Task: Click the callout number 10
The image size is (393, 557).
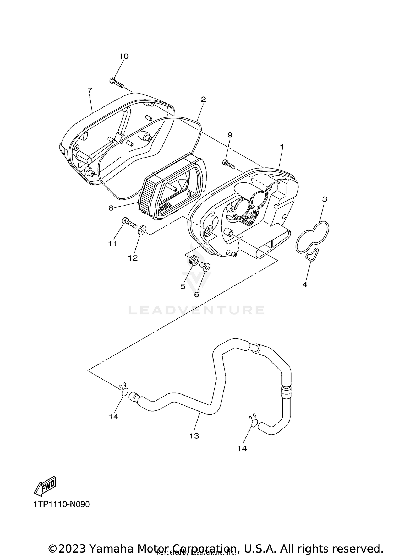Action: pos(124,56)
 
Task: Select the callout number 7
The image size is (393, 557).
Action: pos(90,90)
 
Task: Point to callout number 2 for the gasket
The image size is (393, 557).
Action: pos(203,99)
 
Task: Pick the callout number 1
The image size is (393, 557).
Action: pos(282,147)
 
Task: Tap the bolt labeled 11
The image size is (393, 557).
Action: pos(129,224)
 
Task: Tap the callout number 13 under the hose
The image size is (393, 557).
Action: pos(194,436)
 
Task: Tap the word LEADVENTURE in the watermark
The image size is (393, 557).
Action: pos(196,310)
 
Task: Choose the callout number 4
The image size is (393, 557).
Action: pos(304,284)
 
